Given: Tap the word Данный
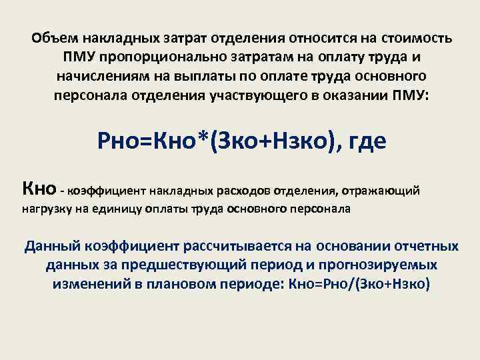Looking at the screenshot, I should click(51, 247).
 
